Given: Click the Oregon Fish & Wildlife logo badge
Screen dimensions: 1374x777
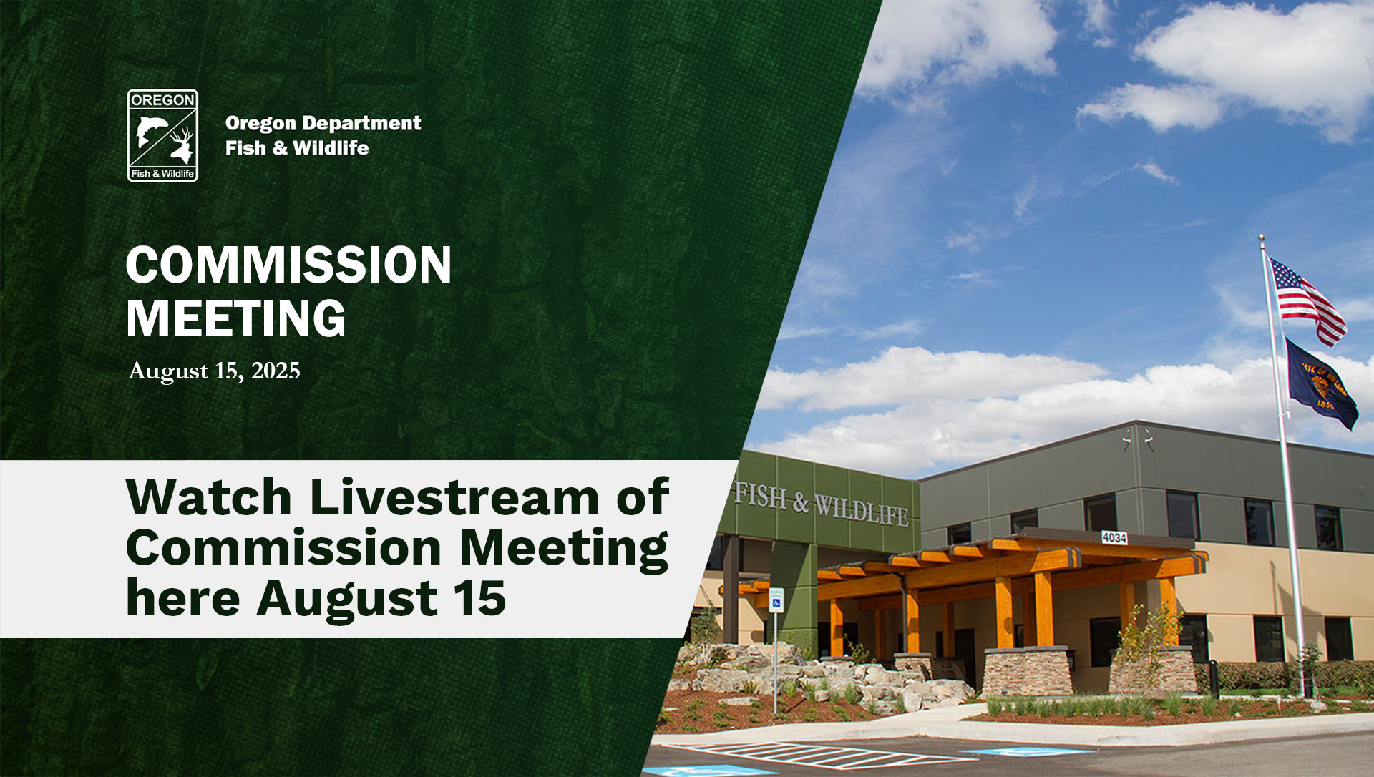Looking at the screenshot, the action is (x=162, y=135).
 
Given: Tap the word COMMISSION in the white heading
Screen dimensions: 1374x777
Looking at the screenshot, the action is (x=288, y=265).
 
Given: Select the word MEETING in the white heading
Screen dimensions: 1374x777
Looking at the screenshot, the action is (x=236, y=318).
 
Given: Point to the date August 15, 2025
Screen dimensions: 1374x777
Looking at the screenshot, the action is (x=214, y=371).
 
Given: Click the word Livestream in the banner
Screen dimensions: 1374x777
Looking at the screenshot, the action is (x=454, y=497).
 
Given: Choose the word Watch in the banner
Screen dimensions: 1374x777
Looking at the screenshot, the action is (x=209, y=497).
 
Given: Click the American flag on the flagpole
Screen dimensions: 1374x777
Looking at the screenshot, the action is (x=1307, y=300).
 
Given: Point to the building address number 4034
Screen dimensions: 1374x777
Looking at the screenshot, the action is (x=1114, y=537).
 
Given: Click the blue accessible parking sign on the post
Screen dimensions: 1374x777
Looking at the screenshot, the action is (x=776, y=600).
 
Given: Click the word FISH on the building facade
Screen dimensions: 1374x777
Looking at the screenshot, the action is (x=761, y=495).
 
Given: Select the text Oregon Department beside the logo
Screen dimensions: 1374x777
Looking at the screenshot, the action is (x=323, y=123).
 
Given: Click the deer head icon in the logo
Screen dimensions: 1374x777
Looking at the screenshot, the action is (x=182, y=145).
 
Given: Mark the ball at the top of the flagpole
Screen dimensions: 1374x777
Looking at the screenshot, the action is (x=1262, y=237).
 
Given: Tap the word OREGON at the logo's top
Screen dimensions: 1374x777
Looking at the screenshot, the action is (x=162, y=100).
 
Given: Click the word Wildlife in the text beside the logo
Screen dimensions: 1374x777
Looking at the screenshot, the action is (x=331, y=148).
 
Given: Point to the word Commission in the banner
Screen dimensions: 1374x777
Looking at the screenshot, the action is (x=284, y=548).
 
